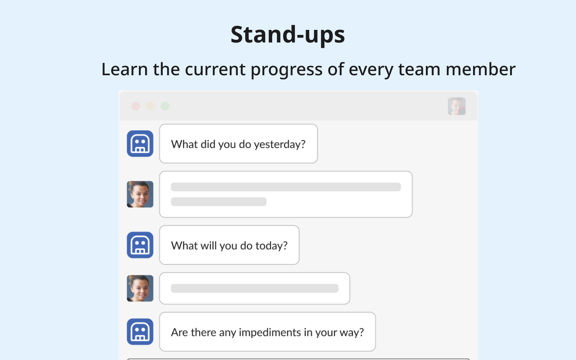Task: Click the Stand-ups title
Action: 288,35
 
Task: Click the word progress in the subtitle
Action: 287,70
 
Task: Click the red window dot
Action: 136,106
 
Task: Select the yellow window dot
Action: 150,106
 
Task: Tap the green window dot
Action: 165,106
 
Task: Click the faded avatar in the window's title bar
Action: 457,106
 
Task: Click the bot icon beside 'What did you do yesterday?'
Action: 140,144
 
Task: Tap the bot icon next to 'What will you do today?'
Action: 140,245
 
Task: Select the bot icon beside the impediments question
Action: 140,332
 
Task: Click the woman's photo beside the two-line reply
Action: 140,194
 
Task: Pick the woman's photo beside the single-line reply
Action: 140,288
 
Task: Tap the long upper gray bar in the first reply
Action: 286,187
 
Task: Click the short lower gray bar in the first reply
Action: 219,202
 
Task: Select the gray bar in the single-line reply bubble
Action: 255,288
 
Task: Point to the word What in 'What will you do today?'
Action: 184,246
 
